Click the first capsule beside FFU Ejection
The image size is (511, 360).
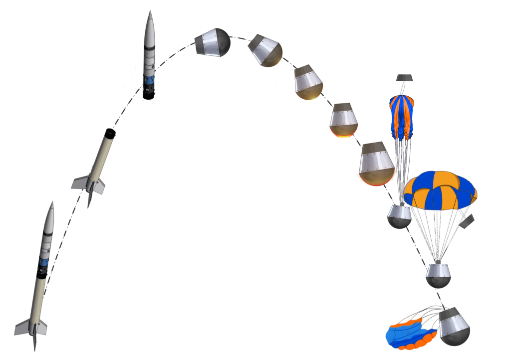pyautogui.click(x=213, y=42)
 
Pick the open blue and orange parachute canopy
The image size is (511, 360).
pyautogui.click(x=440, y=190)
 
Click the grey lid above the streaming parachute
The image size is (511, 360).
pyautogui.click(x=404, y=78)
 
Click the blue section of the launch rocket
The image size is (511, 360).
pyautogui.click(x=43, y=263)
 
